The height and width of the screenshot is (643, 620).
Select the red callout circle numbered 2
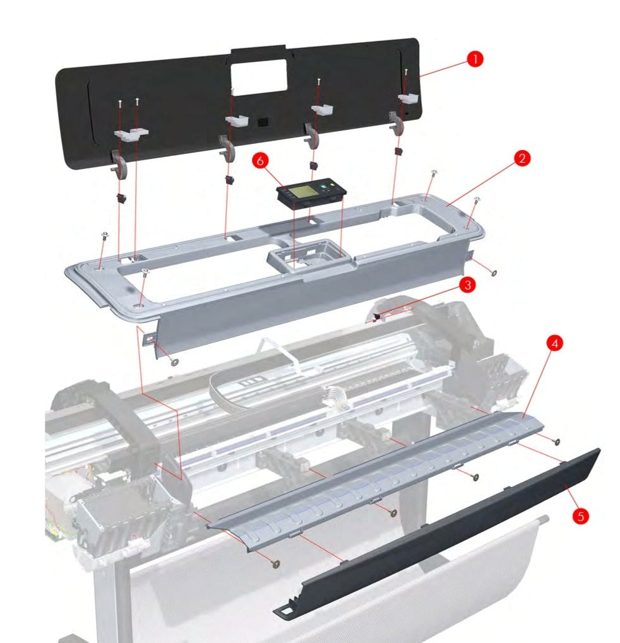click(x=521, y=158)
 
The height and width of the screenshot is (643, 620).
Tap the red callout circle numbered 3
click(x=467, y=285)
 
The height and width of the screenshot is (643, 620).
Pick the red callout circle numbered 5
click(x=580, y=516)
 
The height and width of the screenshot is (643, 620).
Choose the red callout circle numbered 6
click(x=259, y=161)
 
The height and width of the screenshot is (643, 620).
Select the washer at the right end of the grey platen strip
click(x=557, y=441)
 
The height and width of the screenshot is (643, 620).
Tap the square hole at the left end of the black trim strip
click(x=288, y=610)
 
